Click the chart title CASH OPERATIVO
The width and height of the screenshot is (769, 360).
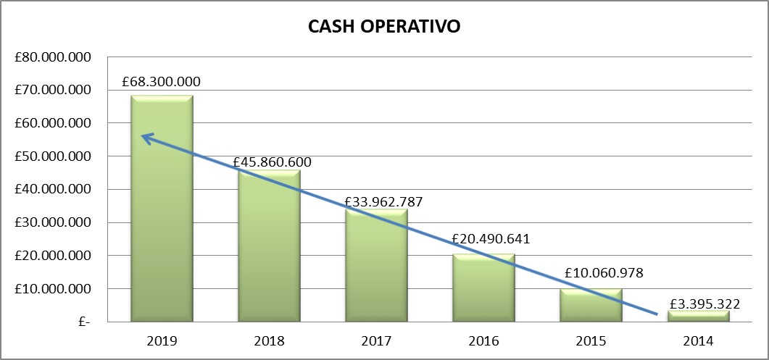pyautogui.click(x=384, y=27)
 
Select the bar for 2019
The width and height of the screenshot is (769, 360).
pyautogui.click(x=162, y=210)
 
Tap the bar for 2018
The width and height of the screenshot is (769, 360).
pyautogui.click(x=269, y=246)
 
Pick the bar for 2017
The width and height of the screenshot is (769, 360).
pyautogui.click(x=376, y=264)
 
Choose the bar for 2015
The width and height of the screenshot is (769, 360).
pyautogui.click(x=591, y=305)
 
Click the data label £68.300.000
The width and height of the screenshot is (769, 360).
pyautogui.click(x=162, y=82)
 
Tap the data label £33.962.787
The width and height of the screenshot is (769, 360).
pyautogui.click(x=383, y=201)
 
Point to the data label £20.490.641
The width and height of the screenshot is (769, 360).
pyautogui.click(x=491, y=238)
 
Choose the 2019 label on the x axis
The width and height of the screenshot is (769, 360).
pyautogui.click(x=162, y=340)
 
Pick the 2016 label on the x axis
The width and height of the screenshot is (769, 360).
pyautogui.click(x=483, y=340)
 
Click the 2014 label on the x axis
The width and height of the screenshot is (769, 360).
pyautogui.click(x=698, y=340)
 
